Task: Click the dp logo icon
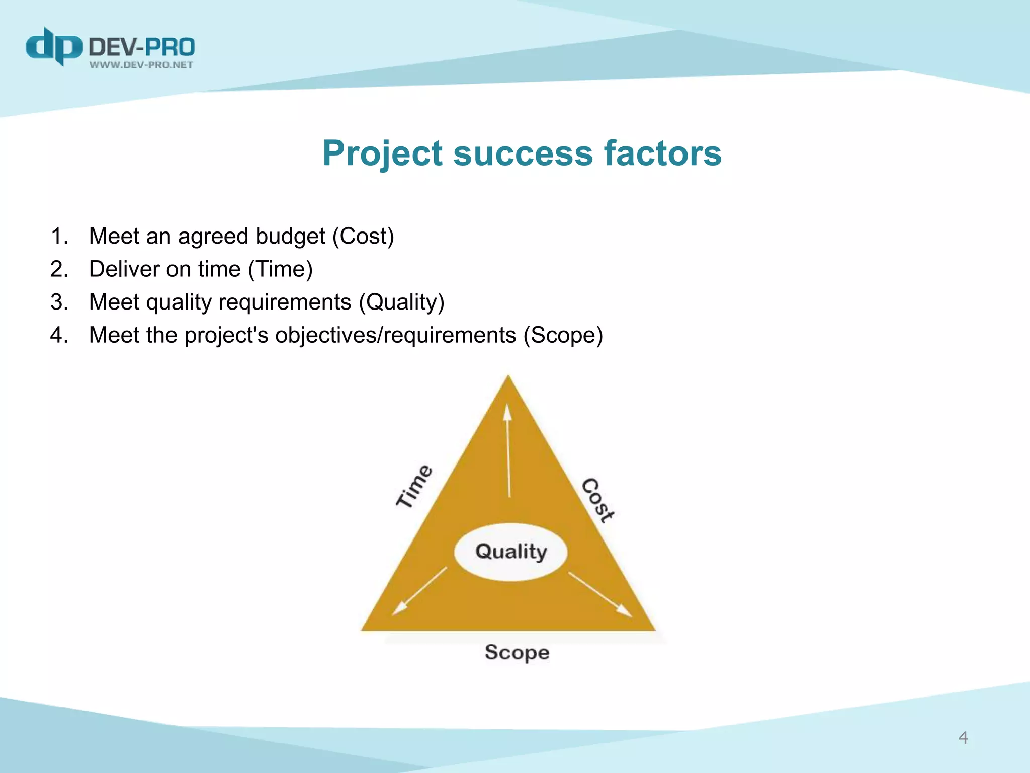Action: click(53, 46)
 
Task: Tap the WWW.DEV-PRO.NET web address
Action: click(141, 65)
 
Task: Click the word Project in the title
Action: click(383, 153)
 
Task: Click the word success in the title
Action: click(523, 153)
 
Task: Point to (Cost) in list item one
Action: click(363, 236)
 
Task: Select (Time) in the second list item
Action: click(280, 269)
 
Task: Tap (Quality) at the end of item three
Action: click(401, 302)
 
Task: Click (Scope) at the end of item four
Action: click(563, 335)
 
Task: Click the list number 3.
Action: click(59, 302)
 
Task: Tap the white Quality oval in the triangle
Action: click(510, 552)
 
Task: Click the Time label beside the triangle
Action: click(414, 486)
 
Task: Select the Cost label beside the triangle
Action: click(597, 500)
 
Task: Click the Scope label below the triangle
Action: click(517, 652)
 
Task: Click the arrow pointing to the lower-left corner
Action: click(419, 591)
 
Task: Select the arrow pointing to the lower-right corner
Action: click(600, 594)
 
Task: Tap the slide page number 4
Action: click(963, 738)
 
